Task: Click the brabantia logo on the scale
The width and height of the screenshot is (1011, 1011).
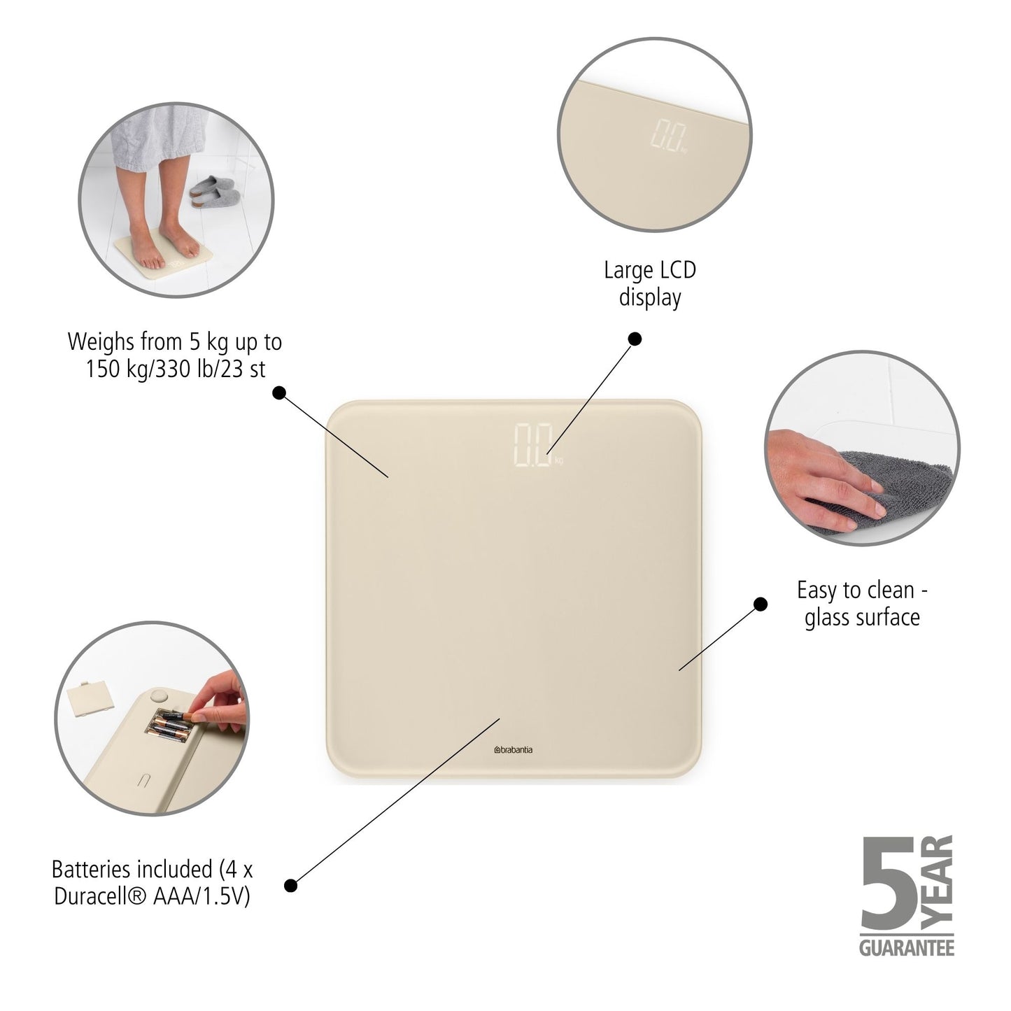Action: (513, 750)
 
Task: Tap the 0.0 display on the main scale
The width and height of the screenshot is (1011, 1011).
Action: (535, 445)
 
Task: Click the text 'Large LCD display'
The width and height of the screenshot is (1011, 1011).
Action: (650, 283)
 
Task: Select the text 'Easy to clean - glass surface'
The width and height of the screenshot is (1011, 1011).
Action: (862, 603)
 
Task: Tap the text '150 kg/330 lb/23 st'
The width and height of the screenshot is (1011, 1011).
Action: (176, 369)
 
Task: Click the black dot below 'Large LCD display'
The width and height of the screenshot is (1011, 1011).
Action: (635, 339)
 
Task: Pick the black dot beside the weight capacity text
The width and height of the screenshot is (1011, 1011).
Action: (279, 393)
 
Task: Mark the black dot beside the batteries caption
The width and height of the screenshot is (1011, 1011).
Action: (291, 886)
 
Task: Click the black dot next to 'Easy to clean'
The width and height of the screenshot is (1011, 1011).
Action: (760, 604)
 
